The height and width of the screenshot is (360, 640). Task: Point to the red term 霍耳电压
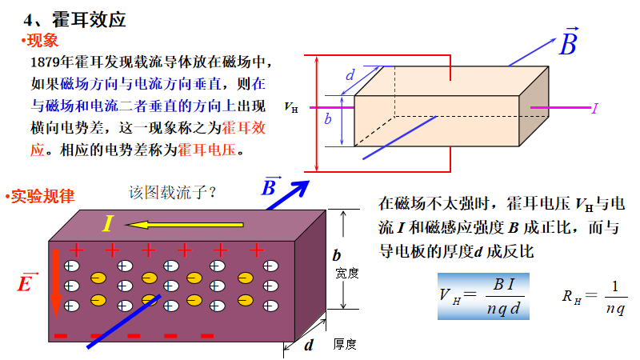point(210,150)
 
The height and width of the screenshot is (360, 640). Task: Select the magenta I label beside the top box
point(594,107)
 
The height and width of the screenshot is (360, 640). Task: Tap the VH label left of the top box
point(291,106)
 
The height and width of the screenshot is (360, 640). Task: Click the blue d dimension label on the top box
point(350,75)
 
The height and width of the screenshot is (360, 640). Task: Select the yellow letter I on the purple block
point(108,224)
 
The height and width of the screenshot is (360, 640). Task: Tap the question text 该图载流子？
point(173,192)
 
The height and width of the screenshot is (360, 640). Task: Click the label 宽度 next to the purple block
point(346,273)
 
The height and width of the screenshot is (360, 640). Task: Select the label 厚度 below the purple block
point(345,344)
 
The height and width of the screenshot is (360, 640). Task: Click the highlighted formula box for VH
point(483,296)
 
